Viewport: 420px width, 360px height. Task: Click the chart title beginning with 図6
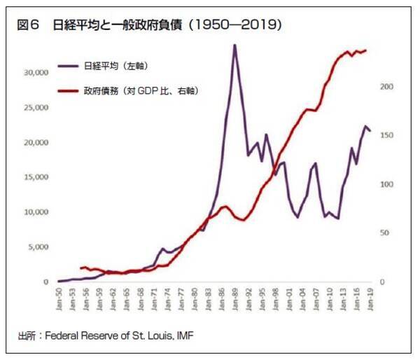[150, 26]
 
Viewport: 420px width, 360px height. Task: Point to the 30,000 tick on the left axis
[34, 73]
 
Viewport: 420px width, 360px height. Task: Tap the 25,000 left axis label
[34, 108]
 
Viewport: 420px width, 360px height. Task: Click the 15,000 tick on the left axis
[34, 177]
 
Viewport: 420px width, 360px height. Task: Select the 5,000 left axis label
[36, 247]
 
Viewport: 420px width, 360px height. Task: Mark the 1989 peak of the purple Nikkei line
[234, 45]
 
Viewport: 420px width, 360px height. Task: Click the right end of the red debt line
[366, 50]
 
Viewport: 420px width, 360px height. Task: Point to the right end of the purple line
[370, 131]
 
